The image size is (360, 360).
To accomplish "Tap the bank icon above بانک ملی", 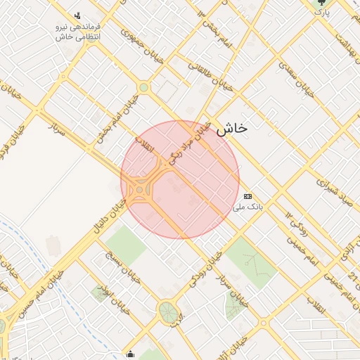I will pos(247,196).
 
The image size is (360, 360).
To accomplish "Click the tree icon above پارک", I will pos(321,3).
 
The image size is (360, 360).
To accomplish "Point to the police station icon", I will pos(77,15).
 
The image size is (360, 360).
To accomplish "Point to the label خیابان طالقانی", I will pos(210,75).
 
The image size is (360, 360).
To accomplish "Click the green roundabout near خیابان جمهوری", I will pos(144,87).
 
